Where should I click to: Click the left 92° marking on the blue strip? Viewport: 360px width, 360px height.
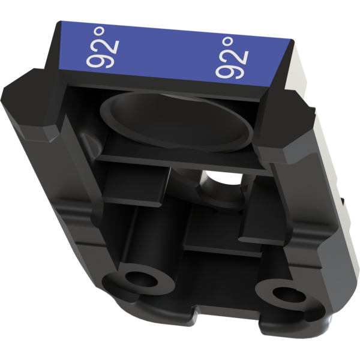[x=103, y=47]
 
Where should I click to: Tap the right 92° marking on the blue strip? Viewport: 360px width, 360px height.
[x=232, y=58]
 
